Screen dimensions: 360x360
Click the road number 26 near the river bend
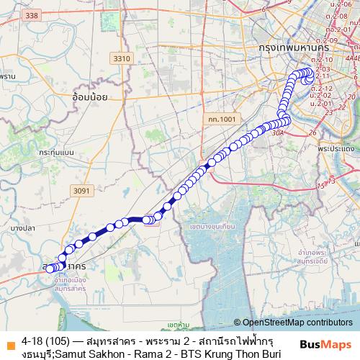pos(312,132)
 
